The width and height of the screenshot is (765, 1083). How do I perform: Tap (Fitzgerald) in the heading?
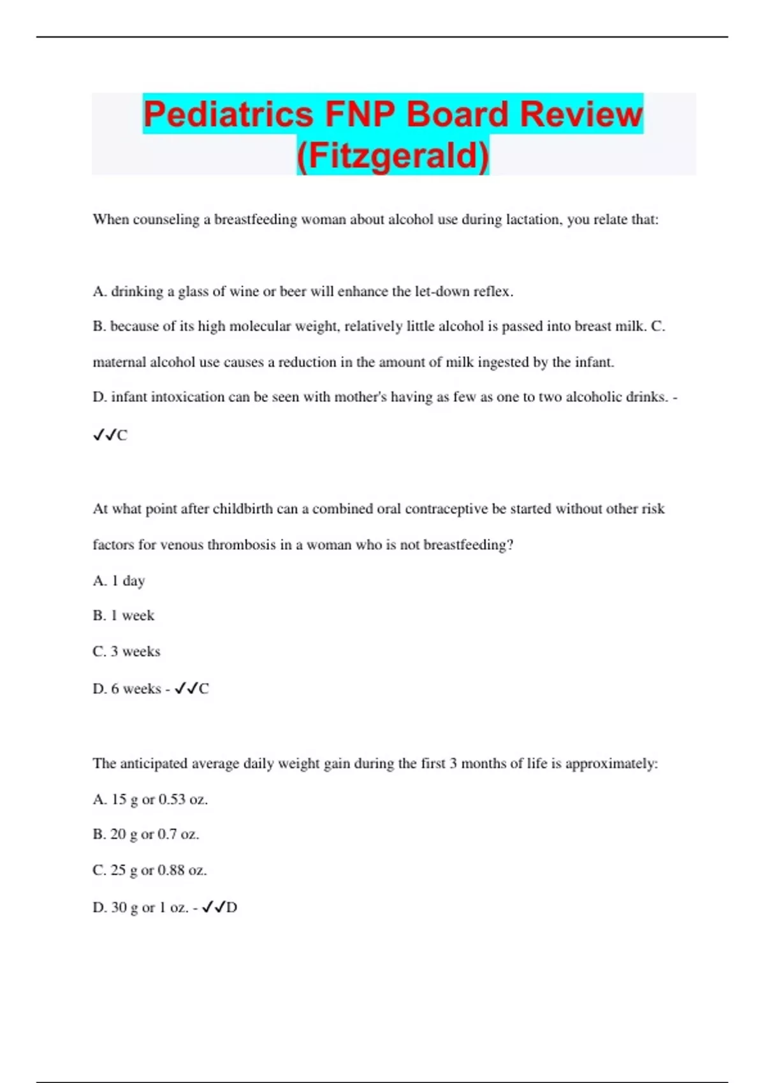[x=393, y=155]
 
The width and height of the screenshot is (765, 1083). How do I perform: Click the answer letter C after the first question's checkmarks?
[x=122, y=436]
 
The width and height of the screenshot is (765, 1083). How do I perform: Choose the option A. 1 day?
[x=119, y=581]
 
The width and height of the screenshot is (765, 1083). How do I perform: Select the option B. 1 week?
[x=124, y=616]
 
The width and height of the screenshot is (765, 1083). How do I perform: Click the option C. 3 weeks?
[x=126, y=652]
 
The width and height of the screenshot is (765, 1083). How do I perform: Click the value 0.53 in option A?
[x=171, y=800]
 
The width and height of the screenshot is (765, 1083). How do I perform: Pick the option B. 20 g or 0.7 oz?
[x=146, y=835]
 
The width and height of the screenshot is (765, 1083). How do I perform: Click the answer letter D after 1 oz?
[x=231, y=908]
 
